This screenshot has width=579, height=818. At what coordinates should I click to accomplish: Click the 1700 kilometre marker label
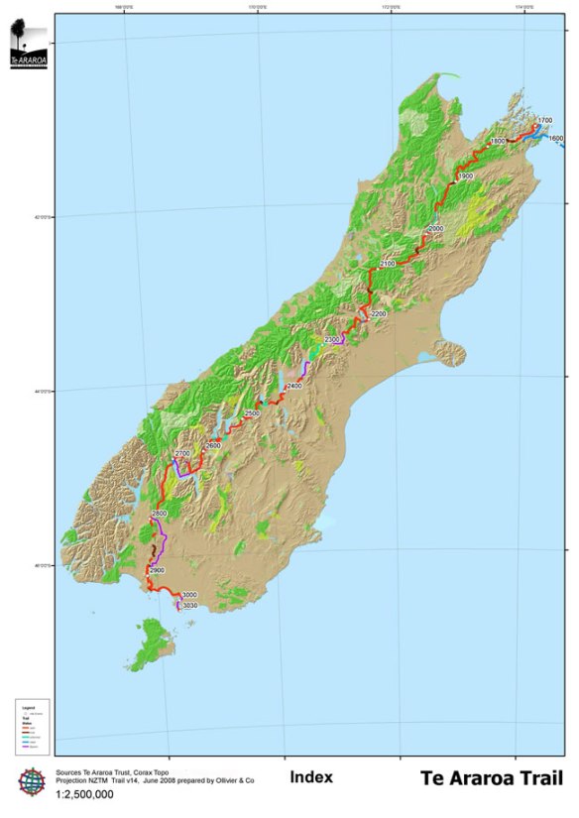point(544,120)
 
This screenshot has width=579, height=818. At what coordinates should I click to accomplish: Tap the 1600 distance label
point(555,139)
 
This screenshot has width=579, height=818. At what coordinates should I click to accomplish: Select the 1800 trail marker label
point(498,142)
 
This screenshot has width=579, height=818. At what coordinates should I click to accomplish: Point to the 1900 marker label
point(465,175)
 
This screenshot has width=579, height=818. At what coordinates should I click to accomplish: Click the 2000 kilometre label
point(435,229)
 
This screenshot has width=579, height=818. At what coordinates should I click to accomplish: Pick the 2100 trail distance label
point(387,264)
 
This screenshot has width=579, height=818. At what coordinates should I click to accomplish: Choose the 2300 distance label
point(332,340)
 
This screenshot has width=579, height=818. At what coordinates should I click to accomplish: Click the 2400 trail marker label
point(293,386)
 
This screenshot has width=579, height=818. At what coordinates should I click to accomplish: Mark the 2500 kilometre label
point(252,412)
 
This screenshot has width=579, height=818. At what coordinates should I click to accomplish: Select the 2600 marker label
point(213,446)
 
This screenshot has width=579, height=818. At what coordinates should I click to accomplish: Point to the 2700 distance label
point(181,454)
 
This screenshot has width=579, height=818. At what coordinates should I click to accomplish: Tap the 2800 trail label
point(160,514)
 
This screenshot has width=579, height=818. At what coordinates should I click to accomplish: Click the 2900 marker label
point(156,571)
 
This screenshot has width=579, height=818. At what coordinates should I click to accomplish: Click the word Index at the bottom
point(310,777)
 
